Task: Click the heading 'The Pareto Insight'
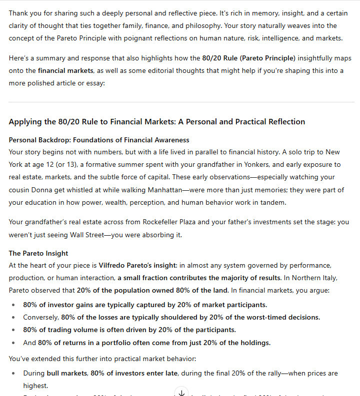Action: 38,253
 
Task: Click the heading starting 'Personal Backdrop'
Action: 99,140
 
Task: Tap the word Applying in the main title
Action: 25,121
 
